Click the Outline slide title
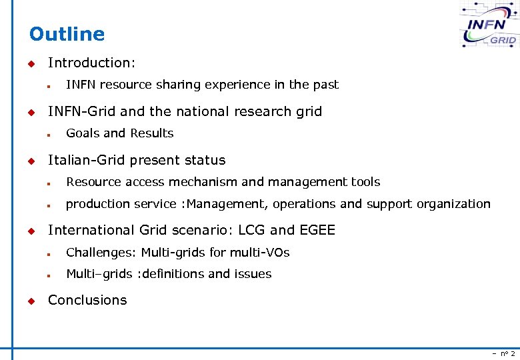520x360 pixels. click(67, 34)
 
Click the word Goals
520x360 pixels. click(82, 133)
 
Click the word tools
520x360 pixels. click(365, 182)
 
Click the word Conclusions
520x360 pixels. click(87, 300)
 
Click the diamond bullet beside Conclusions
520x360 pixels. click(30, 301)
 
